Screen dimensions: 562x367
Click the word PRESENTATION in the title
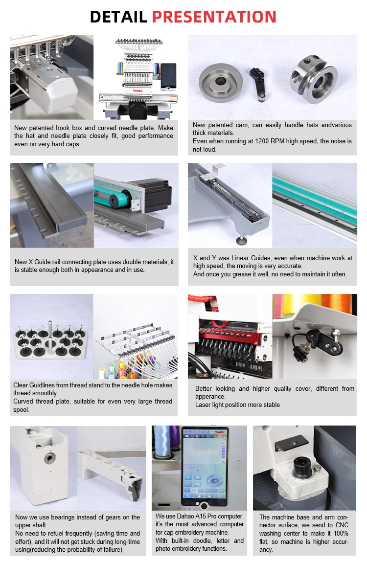(x=214, y=17)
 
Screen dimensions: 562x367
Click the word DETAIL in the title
(x=118, y=17)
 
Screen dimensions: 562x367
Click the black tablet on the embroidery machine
(x=168, y=76)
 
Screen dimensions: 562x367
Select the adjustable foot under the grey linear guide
(x=242, y=240)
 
